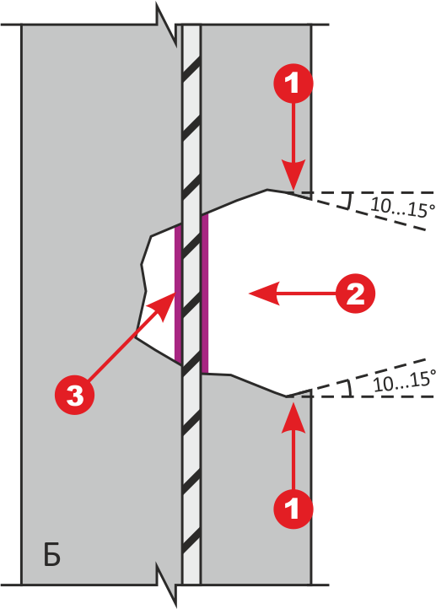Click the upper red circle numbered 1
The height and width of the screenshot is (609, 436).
pos(293,83)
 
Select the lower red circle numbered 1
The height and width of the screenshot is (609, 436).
pos(293,509)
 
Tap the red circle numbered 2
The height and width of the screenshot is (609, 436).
pos(355,294)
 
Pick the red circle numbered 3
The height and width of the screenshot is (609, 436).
pos(74,396)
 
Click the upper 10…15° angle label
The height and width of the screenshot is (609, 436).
pos(402,207)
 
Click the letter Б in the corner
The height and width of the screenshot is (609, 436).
pos(51,556)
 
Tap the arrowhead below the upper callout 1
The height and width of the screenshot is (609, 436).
pos(293,175)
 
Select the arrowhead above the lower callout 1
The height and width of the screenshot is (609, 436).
pos(293,418)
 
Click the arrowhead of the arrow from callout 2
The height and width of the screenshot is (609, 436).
pos(264,294)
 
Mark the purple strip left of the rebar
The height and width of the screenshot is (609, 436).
pos(178,294)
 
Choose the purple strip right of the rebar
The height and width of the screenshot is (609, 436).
pos(205,293)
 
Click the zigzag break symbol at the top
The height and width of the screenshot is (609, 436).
pos(167,25)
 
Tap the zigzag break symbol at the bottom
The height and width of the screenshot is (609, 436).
pos(167,585)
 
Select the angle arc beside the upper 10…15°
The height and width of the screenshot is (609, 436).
pos(349,202)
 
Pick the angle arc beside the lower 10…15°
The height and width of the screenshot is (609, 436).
pos(350,388)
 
